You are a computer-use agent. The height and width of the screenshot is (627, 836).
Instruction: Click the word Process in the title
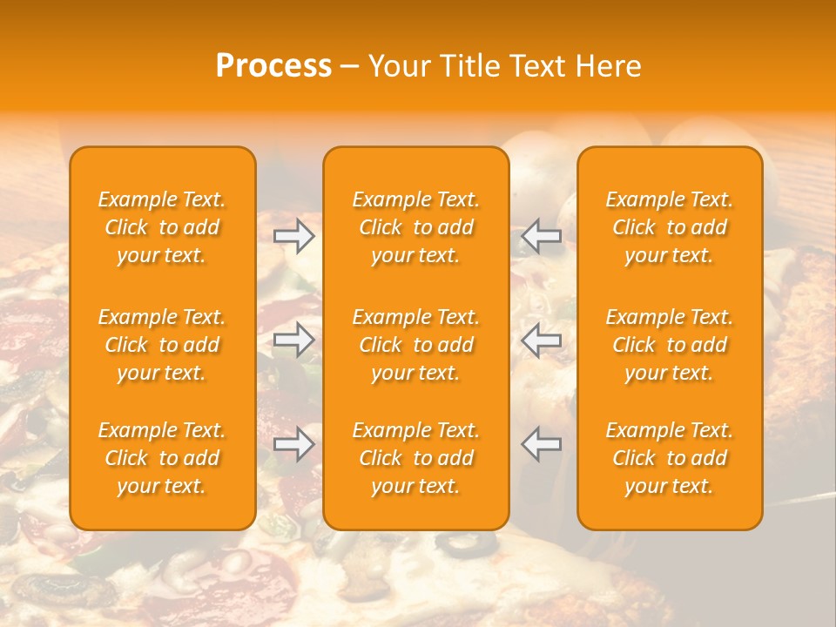[273, 66]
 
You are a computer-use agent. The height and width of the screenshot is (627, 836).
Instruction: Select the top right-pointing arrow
[294, 236]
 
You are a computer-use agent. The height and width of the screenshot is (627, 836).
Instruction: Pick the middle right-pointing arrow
[294, 340]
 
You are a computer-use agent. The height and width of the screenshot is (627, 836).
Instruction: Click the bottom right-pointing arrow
[294, 444]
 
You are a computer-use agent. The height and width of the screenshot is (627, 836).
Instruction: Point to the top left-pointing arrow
[541, 236]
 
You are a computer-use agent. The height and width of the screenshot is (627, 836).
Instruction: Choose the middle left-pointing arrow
[541, 340]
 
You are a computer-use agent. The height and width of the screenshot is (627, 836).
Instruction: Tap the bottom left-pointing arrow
[541, 444]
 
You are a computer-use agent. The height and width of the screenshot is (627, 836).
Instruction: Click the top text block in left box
[162, 227]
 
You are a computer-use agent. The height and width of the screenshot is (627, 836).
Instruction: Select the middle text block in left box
[162, 345]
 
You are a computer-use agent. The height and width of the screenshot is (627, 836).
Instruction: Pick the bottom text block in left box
[162, 458]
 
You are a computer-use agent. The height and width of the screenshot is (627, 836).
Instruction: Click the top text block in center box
[416, 227]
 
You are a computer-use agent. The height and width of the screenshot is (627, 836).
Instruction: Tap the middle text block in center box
[416, 345]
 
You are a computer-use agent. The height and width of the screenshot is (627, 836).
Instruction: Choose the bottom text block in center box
[416, 458]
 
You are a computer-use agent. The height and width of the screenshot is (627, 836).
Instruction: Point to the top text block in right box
[670, 227]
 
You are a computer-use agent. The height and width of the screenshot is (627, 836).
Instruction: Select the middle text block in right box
[670, 345]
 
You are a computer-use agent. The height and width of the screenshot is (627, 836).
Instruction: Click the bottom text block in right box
[670, 458]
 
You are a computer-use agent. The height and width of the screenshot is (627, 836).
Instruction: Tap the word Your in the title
[398, 66]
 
